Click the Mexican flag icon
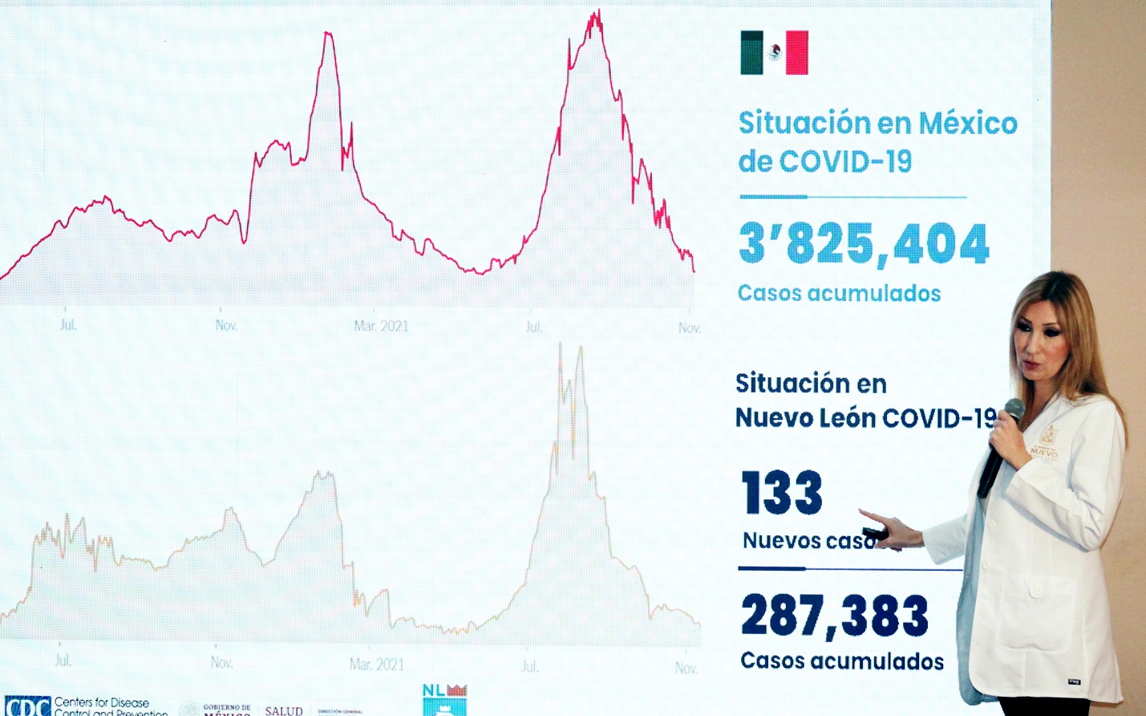click(774, 53)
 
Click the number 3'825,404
click(864, 244)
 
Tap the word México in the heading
click(967, 124)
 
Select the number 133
click(782, 493)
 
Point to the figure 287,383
click(834, 616)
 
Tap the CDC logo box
click(27, 706)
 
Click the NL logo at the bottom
click(444, 699)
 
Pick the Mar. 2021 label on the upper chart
click(381, 326)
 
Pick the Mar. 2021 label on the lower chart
click(377, 665)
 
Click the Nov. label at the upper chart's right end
click(689, 327)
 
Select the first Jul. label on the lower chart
click(63, 661)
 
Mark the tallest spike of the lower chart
click(561, 347)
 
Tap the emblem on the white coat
click(1047, 434)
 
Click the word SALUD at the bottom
click(284, 710)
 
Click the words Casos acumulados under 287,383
click(842, 661)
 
